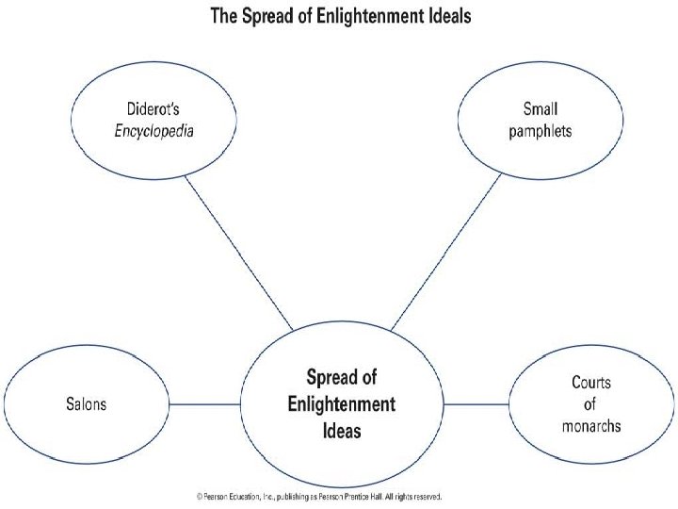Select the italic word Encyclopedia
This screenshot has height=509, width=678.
point(154,131)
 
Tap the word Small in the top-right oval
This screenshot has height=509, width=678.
point(540,110)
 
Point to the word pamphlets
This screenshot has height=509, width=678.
point(540,131)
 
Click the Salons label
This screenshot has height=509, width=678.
point(86,404)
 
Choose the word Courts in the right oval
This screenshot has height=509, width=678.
point(590,383)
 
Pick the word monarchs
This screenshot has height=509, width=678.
point(590,426)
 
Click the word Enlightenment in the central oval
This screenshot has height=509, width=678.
point(341,404)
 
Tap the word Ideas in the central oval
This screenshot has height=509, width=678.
point(340,431)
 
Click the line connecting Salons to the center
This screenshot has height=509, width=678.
point(206,404)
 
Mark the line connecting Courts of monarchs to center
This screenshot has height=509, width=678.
point(476,404)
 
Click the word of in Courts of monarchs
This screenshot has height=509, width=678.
point(590,404)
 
